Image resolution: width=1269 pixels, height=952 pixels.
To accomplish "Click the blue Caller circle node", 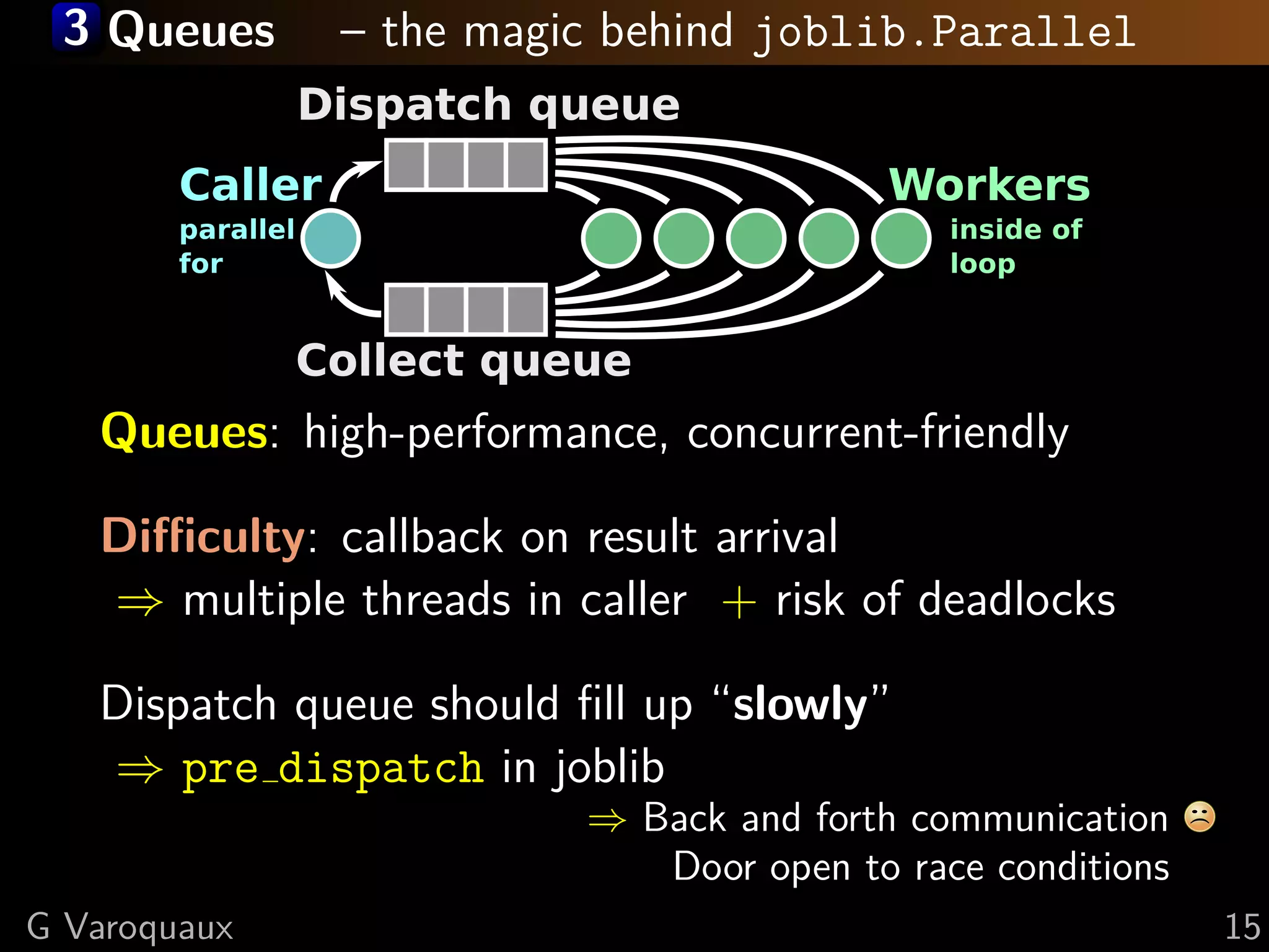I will pyautogui.click(x=330, y=239).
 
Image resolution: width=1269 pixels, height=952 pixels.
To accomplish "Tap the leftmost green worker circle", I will pyautogui.click(x=611, y=239).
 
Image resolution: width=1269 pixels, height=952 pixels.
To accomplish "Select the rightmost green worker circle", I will pyautogui.click(x=900, y=239).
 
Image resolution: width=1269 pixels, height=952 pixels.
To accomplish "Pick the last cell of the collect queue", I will pyautogui.click(x=525, y=309).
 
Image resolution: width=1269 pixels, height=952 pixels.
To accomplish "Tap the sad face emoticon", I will pyautogui.click(x=1200, y=816).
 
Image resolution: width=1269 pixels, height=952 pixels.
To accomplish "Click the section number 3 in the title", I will pyautogui.click(x=76, y=28).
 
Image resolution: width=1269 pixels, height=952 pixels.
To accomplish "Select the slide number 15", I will pyautogui.click(x=1242, y=927).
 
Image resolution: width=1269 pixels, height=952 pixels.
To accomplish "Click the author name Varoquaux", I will pyautogui.click(x=149, y=927).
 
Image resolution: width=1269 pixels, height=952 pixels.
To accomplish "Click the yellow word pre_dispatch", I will pyautogui.click(x=332, y=769).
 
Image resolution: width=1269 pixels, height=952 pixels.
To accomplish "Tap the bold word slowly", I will pyautogui.click(x=800, y=705).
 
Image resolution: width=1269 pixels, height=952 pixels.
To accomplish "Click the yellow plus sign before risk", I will pyautogui.click(x=739, y=601).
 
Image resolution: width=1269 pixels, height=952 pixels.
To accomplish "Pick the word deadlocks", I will pyautogui.click(x=1016, y=600).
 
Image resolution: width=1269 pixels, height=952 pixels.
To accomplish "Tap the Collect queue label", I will pyautogui.click(x=463, y=361).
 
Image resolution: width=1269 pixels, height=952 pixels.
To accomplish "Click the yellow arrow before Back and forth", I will pyautogui.click(x=607, y=821).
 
